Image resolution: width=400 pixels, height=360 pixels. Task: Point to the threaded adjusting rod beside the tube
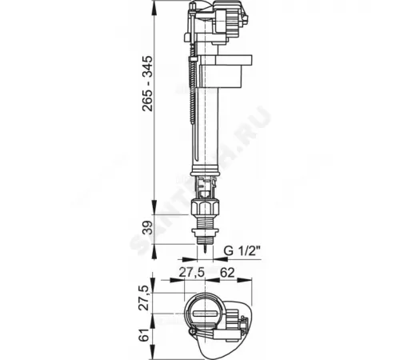(x=192, y=112)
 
